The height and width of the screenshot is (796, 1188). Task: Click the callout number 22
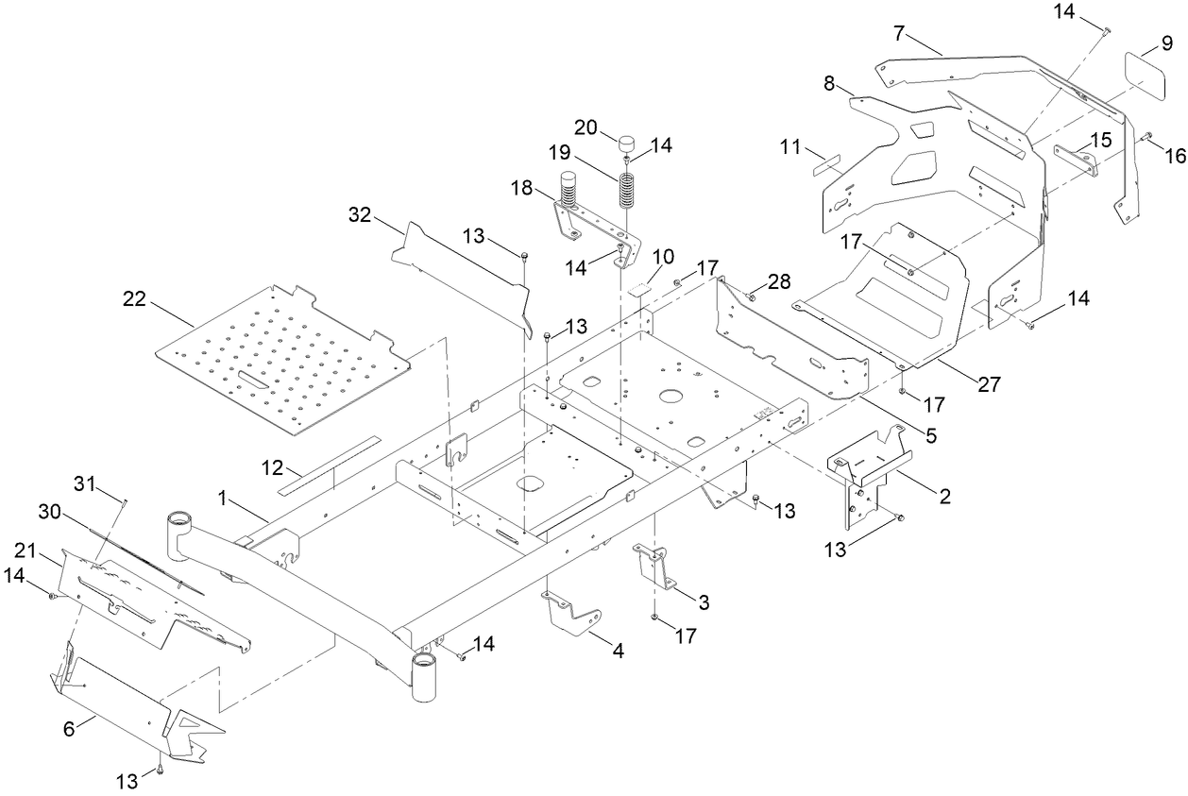click(135, 299)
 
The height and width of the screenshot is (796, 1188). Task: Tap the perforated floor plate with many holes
click(283, 359)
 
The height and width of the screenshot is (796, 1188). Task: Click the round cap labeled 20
click(625, 144)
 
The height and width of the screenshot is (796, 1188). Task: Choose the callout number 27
click(988, 384)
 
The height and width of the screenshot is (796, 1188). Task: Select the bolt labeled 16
click(1146, 138)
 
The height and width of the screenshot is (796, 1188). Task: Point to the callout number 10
click(663, 256)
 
